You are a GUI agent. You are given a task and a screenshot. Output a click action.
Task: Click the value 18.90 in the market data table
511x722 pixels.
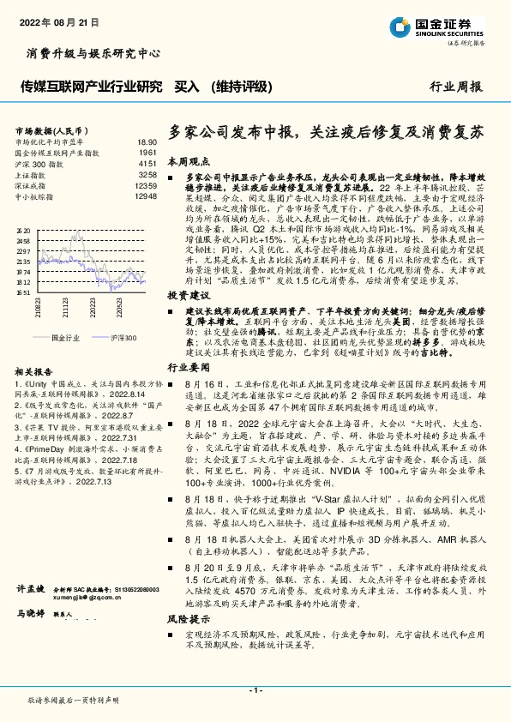pyautogui.click(x=147, y=141)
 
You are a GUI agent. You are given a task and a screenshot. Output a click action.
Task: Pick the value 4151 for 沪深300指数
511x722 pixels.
pyautogui.click(x=147, y=163)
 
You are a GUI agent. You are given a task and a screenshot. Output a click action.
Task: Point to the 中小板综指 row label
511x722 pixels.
pyautogui.click(x=36, y=196)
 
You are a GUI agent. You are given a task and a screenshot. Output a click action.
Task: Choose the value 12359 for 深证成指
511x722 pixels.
pyautogui.click(x=145, y=185)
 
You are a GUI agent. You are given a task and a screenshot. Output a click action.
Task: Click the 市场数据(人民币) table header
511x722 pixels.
pyautogui.click(x=49, y=129)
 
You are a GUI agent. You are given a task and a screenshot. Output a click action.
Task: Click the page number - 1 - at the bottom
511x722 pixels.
pyautogui.click(x=255, y=690)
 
